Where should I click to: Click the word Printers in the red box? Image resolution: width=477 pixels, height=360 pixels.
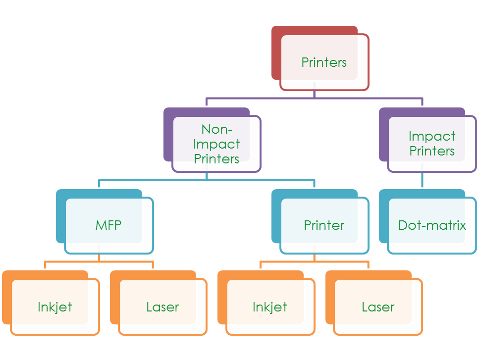point(324,62)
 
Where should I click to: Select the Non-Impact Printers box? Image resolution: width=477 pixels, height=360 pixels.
point(216,144)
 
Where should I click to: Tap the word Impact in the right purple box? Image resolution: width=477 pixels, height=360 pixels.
point(432,136)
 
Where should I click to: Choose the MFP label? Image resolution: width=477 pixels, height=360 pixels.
point(108,225)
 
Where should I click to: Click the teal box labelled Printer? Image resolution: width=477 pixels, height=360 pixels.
point(324,225)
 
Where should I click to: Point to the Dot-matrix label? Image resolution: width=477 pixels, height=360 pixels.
point(432,225)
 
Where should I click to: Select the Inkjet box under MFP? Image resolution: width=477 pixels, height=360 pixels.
point(55,307)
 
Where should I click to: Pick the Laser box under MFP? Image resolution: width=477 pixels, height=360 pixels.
point(162,307)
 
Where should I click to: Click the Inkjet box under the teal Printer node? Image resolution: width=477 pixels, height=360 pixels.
point(270,307)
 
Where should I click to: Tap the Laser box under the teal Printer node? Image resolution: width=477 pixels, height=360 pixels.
point(378,307)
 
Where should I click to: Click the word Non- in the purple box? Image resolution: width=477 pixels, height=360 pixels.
point(216,130)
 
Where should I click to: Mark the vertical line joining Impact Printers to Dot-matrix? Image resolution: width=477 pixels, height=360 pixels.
point(423,181)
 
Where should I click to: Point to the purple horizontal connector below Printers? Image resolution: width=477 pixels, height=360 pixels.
point(258,98)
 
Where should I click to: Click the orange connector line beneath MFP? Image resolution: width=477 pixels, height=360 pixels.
point(74,261)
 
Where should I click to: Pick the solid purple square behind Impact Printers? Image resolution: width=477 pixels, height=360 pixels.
point(383,134)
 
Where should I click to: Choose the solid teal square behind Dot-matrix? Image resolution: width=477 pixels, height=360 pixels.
point(383,218)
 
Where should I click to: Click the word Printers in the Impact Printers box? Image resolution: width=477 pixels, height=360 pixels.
point(432,151)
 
